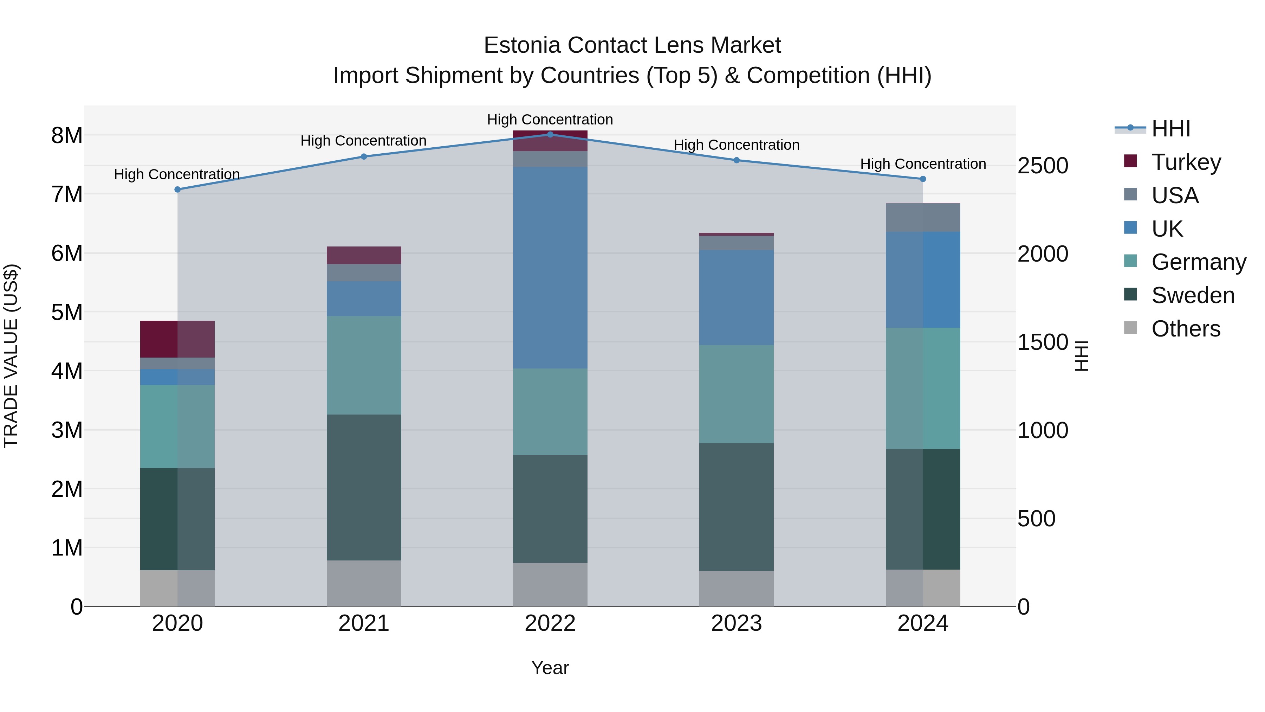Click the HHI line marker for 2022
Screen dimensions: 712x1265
coord(550,134)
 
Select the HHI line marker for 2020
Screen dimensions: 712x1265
coord(177,189)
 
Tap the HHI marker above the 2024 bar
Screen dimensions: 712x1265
coord(923,179)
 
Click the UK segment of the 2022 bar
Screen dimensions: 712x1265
coord(550,268)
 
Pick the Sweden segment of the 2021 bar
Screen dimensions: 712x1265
coord(364,487)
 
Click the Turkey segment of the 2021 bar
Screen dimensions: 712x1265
coord(364,255)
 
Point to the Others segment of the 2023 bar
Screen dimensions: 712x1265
coord(736,588)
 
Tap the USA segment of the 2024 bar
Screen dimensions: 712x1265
coord(923,217)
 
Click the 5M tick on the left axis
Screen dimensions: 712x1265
coord(67,312)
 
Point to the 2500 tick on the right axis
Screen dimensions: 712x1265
coord(1043,166)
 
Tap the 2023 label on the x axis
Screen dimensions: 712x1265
coord(736,623)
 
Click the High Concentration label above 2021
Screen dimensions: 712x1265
coord(363,141)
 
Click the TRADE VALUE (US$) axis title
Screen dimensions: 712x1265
coord(11,356)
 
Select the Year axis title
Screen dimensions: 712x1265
coord(550,668)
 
